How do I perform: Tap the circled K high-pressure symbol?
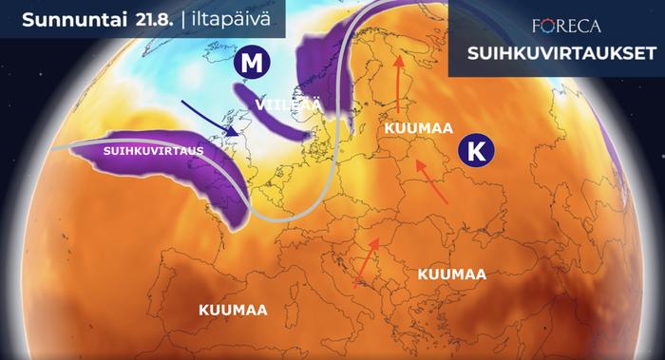pyautogui.click(x=475, y=149)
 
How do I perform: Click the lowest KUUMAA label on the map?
pyautogui.click(x=233, y=310)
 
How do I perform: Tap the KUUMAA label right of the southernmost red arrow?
pyautogui.click(x=451, y=274)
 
